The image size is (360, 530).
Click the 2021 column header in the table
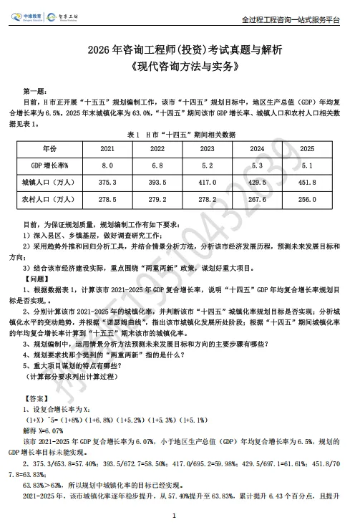[x=107, y=149]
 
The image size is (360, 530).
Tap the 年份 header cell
[x=49, y=149]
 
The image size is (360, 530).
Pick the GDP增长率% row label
[x=49, y=166]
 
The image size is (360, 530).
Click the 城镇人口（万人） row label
[x=49, y=183]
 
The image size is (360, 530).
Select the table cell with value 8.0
[x=107, y=166]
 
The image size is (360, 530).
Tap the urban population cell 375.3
[x=107, y=183]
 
